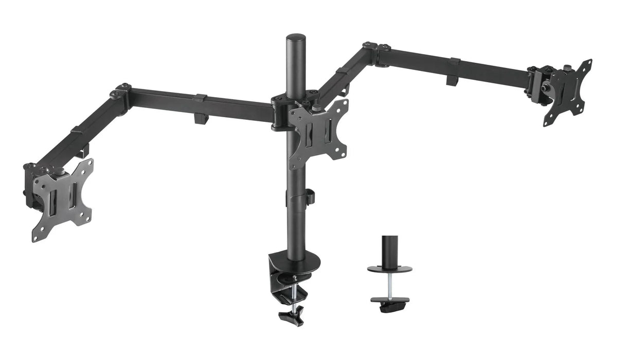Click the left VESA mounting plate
pos(63,201)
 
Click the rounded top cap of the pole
pos(296,39)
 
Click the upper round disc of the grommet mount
pos(389,269)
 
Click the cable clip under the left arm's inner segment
pos(200,118)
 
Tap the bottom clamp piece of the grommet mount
pos(389,303)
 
